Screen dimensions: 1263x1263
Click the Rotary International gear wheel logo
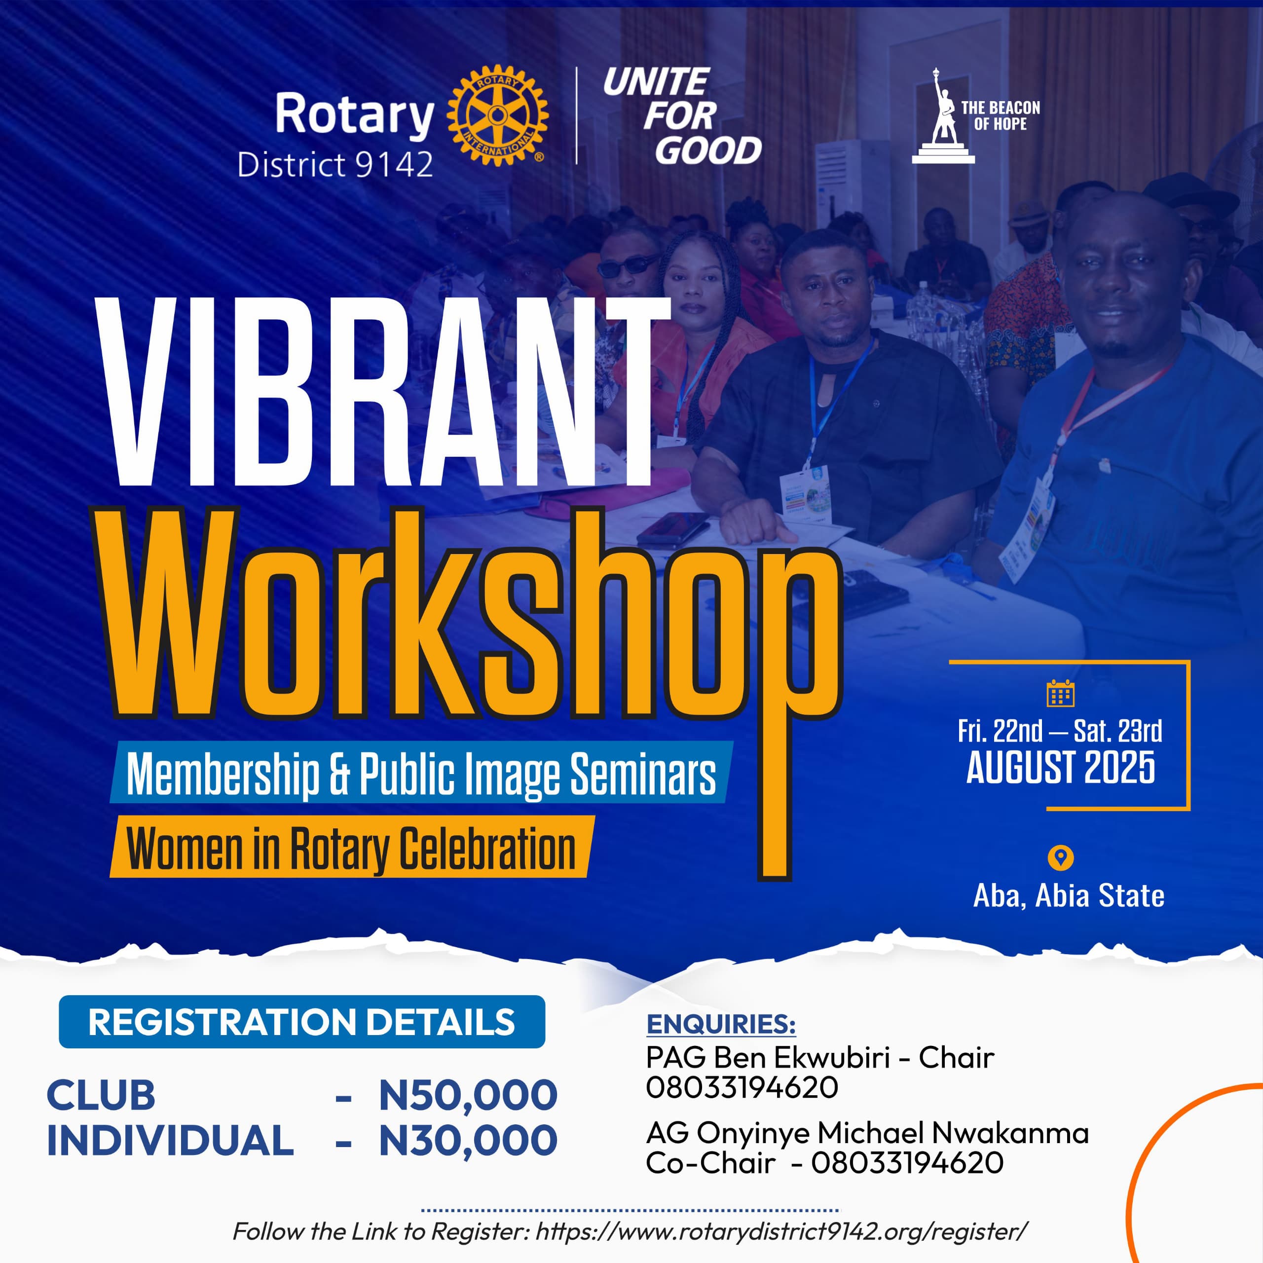click(497, 115)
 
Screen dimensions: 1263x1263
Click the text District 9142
click(334, 165)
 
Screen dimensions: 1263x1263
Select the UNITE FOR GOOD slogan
click(682, 116)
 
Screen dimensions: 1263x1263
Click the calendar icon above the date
click(1060, 694)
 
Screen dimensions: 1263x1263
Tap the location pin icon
click(1060, 857)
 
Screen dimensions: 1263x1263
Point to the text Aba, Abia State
click(1068, 895)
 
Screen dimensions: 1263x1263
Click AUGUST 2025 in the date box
click(1060, 768)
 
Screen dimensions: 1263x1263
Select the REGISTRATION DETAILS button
click(301, 1022)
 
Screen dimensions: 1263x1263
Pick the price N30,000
click(468, 1141)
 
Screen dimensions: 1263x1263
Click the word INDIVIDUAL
click(170, 1140)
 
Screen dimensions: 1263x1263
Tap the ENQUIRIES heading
click(721, 1024)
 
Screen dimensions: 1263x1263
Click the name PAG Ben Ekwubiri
click(768, 1057)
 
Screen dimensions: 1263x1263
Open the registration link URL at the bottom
click(781, 1231)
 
